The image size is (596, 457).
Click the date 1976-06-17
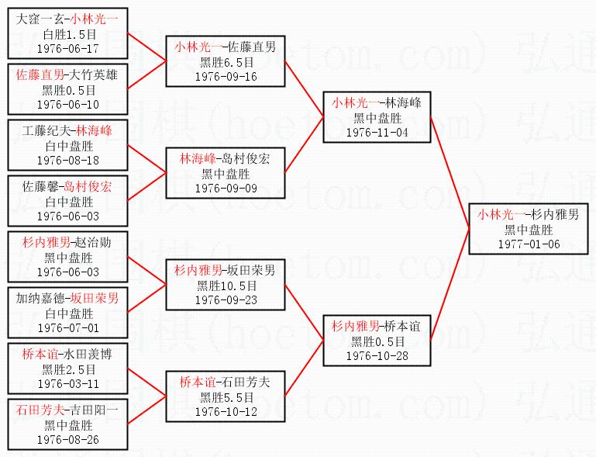[68, 48]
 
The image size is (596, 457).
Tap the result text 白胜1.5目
[68, 34]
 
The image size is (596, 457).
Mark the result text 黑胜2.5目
[68, 369]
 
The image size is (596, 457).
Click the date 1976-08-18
[68, 160]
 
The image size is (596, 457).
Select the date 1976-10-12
[226, 411]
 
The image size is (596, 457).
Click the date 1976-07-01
[68, 327]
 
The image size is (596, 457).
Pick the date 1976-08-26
[68, 439]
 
